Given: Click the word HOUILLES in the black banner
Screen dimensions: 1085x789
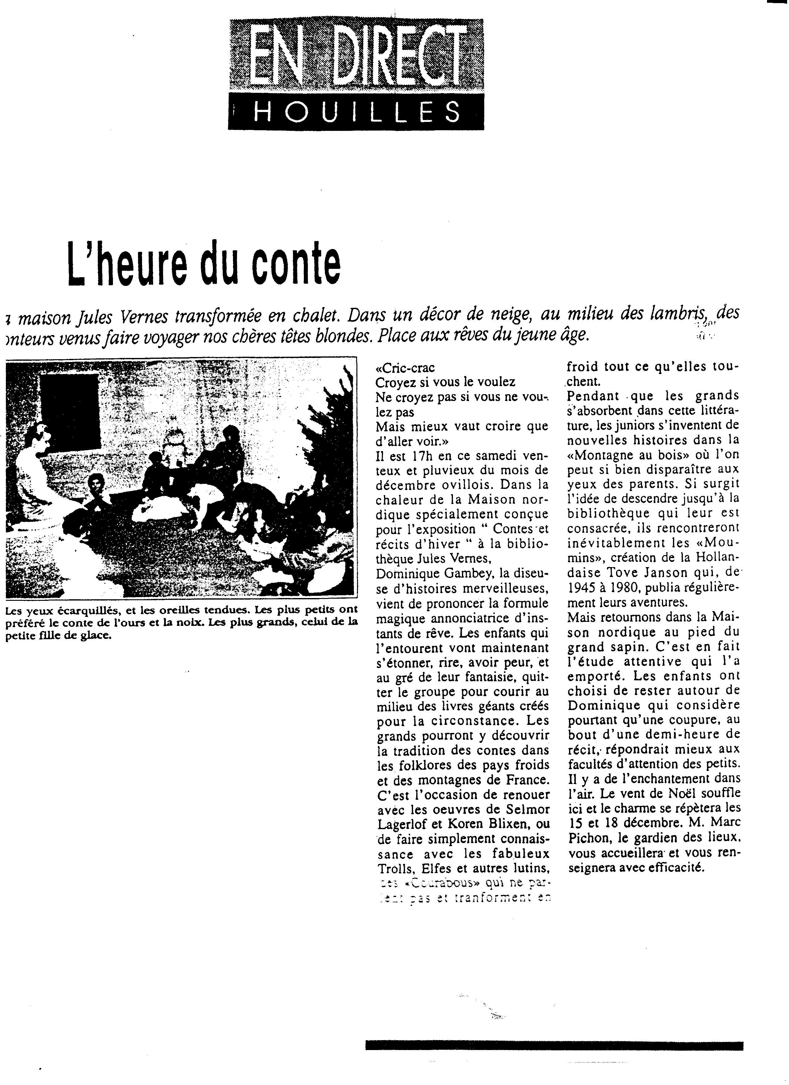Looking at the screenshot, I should (356, 113).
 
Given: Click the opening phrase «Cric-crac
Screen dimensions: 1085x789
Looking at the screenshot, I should (405, 368).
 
